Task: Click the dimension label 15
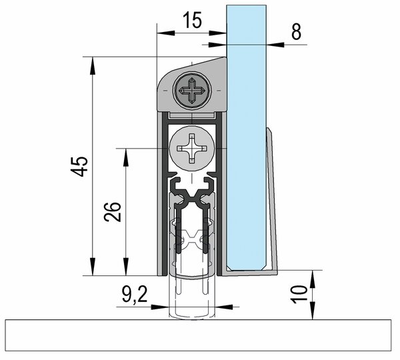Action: [x=193, y=20]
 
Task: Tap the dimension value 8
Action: [x=296, y=32]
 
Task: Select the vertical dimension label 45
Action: [x=79, y=167]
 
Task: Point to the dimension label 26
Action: [x=112, y=212]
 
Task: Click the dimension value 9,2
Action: [x=135, y=294]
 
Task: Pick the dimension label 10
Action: [x=299, y=295]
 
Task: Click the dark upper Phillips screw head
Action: [x=192, y=91]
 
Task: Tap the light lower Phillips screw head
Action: [x=192, y=149]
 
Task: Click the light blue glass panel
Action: [x=247, y=138]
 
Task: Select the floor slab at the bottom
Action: [x=198, y=335]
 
